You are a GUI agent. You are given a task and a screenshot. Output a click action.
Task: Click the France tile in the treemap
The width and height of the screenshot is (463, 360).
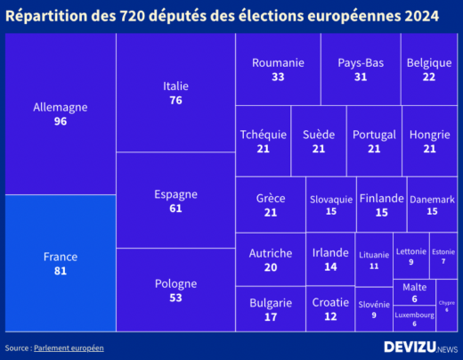tap(61, 263)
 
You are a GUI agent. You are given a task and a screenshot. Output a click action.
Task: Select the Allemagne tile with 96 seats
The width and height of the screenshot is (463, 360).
tap(61, 114)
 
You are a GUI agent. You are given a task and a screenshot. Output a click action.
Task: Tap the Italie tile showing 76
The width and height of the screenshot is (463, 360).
tap(175, 93)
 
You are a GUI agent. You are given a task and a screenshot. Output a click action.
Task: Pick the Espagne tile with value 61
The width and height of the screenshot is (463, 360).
tap(175, 200)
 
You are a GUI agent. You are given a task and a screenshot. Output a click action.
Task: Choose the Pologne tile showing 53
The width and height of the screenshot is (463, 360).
tap(175, 290)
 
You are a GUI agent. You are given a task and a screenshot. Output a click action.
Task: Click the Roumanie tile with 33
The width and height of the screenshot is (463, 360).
tap(278, 70)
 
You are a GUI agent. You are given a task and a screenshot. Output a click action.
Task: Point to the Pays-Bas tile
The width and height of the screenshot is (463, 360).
tap(360, 70)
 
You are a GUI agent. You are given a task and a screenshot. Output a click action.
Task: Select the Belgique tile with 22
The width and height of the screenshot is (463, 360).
tap(428, 70)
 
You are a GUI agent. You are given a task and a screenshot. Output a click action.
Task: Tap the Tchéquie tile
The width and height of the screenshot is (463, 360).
tap(263, 141)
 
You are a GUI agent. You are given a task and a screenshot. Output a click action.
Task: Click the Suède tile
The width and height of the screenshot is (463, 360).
tap(318, 141)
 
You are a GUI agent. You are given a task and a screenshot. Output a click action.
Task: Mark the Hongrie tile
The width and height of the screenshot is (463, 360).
tap(429, 141)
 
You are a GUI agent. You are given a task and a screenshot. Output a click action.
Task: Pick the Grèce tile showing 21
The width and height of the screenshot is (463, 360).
tap(271, 204)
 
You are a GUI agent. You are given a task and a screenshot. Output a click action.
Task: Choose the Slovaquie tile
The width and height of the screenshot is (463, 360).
tap(330, 204)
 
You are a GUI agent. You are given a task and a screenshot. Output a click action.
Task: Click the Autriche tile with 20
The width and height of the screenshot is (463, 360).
tap(271, 259)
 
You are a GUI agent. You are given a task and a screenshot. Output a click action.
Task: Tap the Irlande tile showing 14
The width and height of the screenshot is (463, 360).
tap(330, 259)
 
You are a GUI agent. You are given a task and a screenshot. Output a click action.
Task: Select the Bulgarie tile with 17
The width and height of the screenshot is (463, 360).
tap(271, 308)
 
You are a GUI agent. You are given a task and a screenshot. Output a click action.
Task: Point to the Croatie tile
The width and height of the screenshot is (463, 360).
tap(330, 308)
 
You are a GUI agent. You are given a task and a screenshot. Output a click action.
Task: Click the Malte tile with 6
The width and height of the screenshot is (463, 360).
tap(414, 292)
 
